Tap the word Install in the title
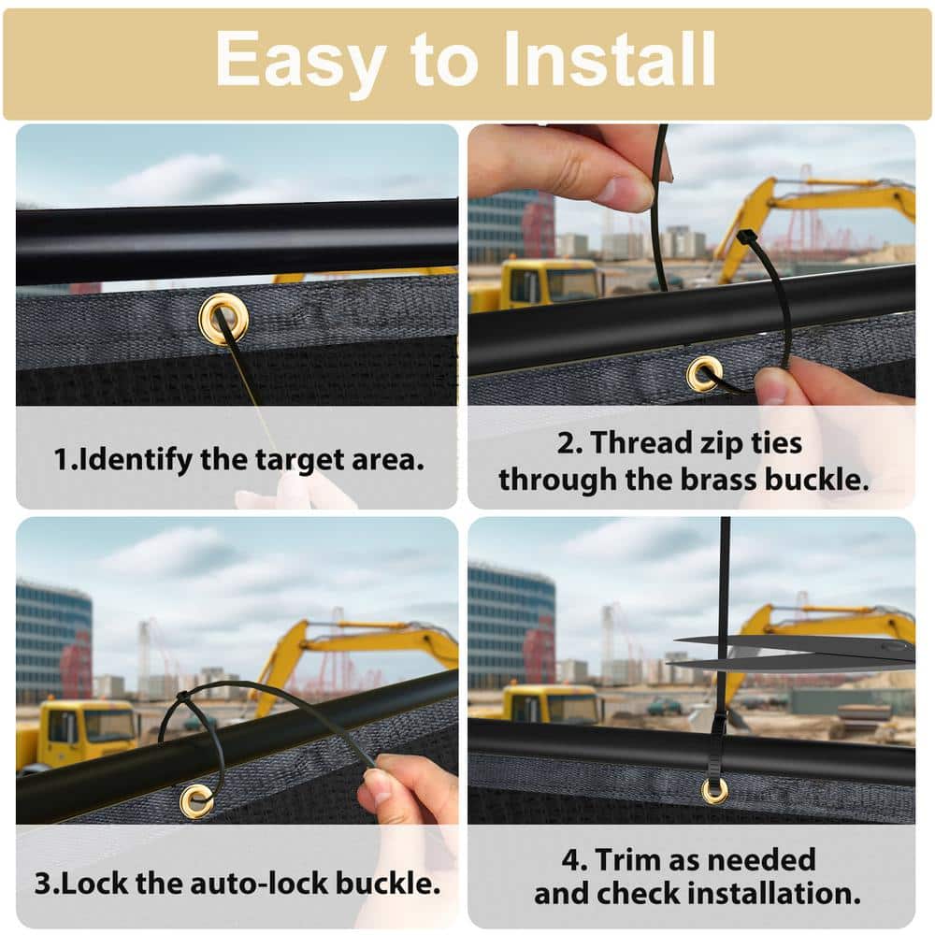[x=609, y=59]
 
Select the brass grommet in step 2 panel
[x=705, y=374]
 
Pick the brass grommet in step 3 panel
[x=196, y=801]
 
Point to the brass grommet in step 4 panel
[x=713, y=791]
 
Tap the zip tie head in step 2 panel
[x=746, y=237]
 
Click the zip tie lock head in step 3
[x=182, y=698]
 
